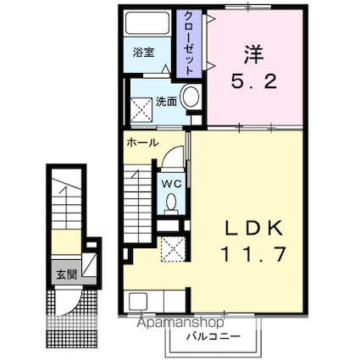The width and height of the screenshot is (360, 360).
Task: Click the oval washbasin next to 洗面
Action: click(191, 97)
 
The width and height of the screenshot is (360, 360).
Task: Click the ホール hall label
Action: click(141, 143)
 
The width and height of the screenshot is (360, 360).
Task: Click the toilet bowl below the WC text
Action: click(171, 202)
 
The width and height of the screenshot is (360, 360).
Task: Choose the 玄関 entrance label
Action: click(64, 274)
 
